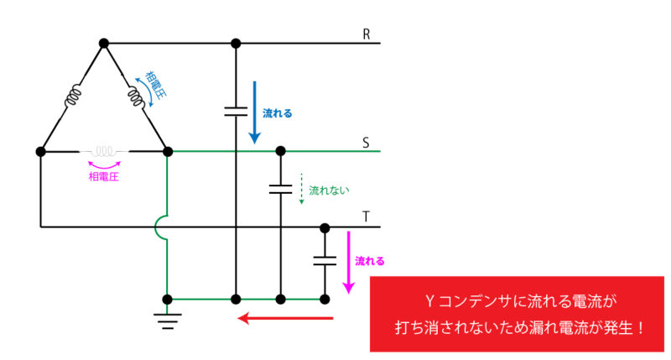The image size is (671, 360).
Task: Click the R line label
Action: point(367,34)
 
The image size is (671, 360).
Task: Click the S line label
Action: point(366,142)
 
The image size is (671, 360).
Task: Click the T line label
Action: point(366,217)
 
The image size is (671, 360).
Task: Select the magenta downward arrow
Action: point(346,262)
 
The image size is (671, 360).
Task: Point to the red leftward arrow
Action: point(286,318)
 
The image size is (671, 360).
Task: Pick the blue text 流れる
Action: point(278,112)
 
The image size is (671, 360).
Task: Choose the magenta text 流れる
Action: point(370,261)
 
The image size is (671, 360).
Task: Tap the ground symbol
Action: point(168,317)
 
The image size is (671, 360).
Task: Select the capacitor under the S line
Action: point(280,189)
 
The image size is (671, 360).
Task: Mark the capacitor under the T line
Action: point(324,261)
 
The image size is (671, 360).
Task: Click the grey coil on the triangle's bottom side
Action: point(104,153)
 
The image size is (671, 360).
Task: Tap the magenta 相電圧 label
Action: point(104,175)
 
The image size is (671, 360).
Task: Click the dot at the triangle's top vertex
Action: point(104,43)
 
